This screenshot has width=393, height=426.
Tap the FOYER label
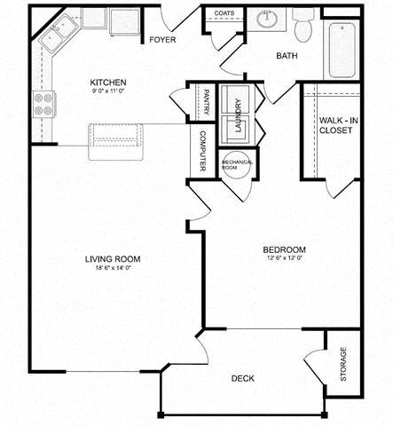pyautogui.click(x=162, y=40)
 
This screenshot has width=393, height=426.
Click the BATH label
pyautogui.click(x=287, y=56)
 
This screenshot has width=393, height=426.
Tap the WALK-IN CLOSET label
pyautogui.click(x=336, y=124)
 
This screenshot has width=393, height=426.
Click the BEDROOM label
pyautogui.click(x=285, y=248)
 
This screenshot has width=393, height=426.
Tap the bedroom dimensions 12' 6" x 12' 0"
pyautogui.click(x=285, y=258)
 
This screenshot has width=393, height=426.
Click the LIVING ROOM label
pyautogui.click(x=113, y=259)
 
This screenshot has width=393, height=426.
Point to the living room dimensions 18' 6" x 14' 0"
pyautogui.click(x=113, y=269)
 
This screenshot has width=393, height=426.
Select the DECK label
pyautogui.click(x=242, y=378)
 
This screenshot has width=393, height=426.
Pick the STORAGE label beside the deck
pyautogui.click(x=343, y=364)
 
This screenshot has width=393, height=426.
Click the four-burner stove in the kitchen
pyautogui.click(x=43, y=104)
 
